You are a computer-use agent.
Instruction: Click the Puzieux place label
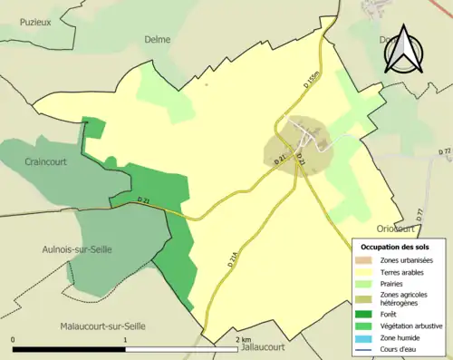point(34,23)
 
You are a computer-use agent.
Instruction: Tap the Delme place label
point(159,39)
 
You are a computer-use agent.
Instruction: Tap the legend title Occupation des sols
point(395,247)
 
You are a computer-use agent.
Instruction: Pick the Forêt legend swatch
point(369,314)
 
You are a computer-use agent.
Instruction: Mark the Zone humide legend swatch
point(369,337)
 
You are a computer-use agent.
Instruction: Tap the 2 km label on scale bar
point(242,339)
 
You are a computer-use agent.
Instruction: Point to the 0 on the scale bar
point(14,339)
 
